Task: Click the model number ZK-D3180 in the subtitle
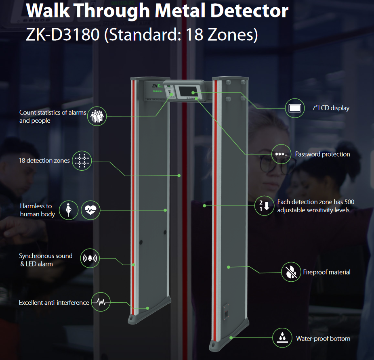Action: click(63, 35)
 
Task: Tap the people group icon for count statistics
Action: click(97, 116)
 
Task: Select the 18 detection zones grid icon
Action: click(82, 161)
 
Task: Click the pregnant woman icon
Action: click(69, 210)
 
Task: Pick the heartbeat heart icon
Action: click(91, 210)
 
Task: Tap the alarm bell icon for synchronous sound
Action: click(90, 259)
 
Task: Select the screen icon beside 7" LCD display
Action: click(295, 108)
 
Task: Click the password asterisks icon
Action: click(281, 154)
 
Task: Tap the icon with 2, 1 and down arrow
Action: click(264, 205)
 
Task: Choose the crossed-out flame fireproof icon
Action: click(291, 272)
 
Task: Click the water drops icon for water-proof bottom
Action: click(283, 338)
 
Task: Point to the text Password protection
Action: click(322, 154)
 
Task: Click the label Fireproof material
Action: click(326, 272)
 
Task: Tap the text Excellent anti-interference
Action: click(54, 302)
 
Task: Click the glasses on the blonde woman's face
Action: click(270, 163)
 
